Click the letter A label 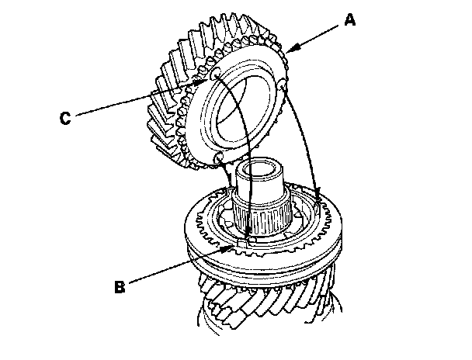point(349,22)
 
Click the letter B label point(119,286)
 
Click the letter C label point(66,118)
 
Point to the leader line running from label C point(140,98)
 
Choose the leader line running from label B point(179,268)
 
